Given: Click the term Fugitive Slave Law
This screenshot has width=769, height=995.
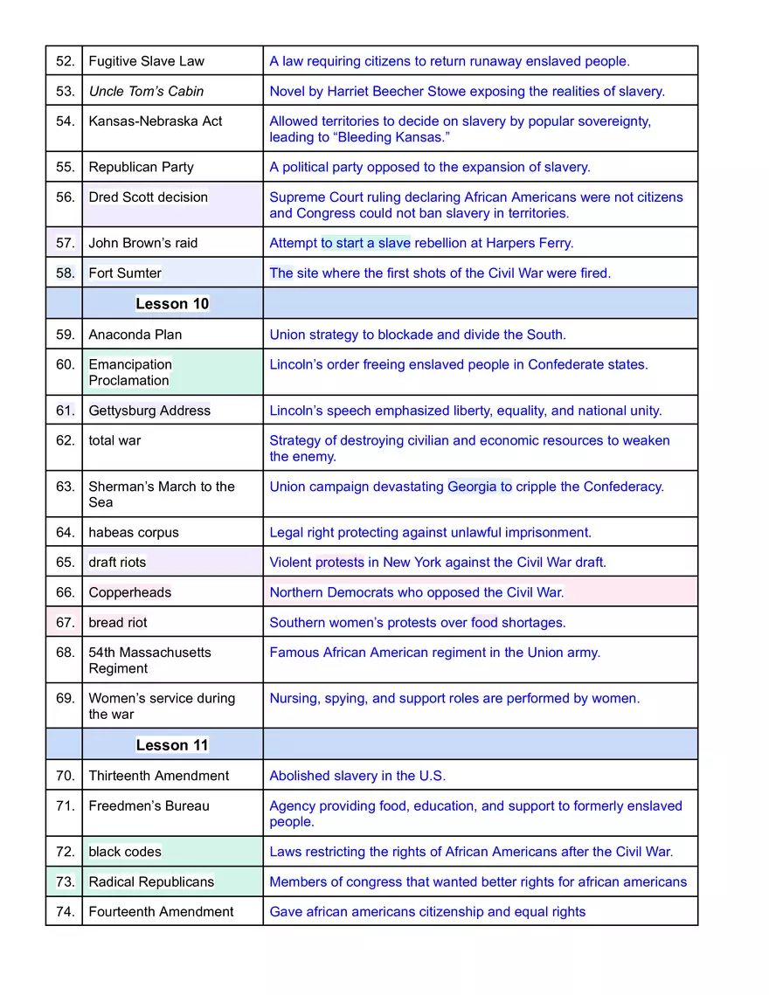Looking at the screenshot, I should tap(146, 61).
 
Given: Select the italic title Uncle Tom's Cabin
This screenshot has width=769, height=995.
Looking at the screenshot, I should tap(146, 91).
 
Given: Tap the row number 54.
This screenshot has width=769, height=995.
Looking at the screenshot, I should tap(65, 121).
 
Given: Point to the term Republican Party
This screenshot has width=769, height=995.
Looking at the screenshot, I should tap(141, 167).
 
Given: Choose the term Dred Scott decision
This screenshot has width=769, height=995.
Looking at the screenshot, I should tap(148, 197).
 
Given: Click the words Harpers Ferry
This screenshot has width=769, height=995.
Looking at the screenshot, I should tap(530, 243).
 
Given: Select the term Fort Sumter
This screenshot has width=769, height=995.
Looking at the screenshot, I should tap(125, 273).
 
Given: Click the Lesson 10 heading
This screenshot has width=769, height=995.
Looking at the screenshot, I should tap(172, 304).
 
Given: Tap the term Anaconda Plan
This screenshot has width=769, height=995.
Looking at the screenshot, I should tap(135, 335).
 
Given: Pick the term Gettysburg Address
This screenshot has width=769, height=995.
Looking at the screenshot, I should tap(149, 411).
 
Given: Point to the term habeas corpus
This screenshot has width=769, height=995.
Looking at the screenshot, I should tap(133, 532).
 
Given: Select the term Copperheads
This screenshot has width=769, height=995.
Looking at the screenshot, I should tap(129, 592).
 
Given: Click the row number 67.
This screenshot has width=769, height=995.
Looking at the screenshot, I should tap(65, 623).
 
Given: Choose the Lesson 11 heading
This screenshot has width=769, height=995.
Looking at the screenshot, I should tap(172, 745).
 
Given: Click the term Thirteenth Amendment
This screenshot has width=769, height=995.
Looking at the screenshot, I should tap(158, 776).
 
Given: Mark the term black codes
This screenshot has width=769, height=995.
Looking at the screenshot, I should tap(125, 852).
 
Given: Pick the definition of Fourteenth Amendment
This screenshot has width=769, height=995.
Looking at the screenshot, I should tap(427, 912).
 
